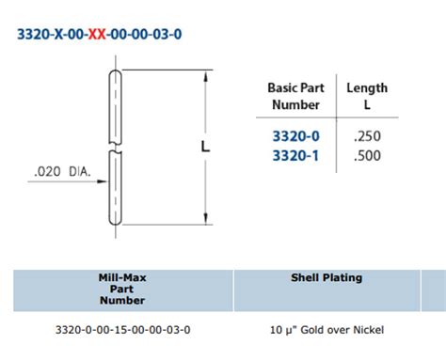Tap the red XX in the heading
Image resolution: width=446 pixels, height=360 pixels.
pyautogui.click(x=97, y=35)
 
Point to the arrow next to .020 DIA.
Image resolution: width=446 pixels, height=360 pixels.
pyautogui.click(x=99, y=172)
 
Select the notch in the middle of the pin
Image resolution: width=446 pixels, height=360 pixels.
pyautogui.click(x=115, y=148)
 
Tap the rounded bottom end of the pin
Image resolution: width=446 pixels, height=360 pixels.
pyautogui.click(x=115, y=221)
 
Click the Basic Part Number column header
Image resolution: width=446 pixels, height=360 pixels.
pyautogui.click(x=295, y=96)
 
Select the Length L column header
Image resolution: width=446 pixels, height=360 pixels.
pyautogui.click(x=366, y=96)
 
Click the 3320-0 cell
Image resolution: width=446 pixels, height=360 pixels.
pyautogui.click(x=295, y=135)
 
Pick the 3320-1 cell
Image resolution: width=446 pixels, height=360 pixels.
pyautogui.click(x=295, y=155)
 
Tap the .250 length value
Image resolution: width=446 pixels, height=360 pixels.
pyautogui.click(x=366, y=135)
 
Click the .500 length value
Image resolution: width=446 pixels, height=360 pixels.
pyautogui.click(x=366, y=155)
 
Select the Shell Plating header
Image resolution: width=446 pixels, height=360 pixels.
pyautogui.click(x=325, y=279)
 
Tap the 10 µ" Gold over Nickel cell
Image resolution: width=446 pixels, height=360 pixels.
pyautogui.click(x=326, y=329)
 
